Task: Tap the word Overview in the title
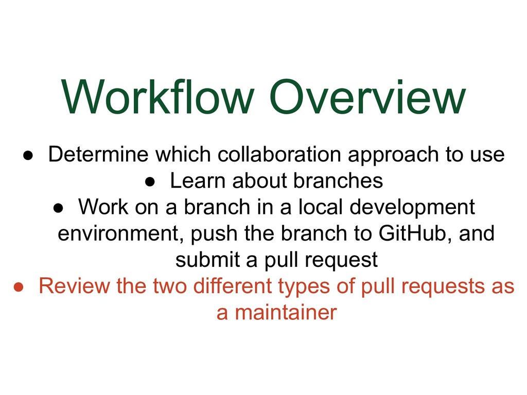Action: tap(367, 97)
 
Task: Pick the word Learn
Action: tap(198, 181)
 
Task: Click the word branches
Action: tap(338, 181)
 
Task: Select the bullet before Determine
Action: tap(28, 155)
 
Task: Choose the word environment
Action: tap(119, 234)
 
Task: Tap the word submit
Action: tap(208, 260)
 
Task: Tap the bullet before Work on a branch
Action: tap(59, 208)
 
